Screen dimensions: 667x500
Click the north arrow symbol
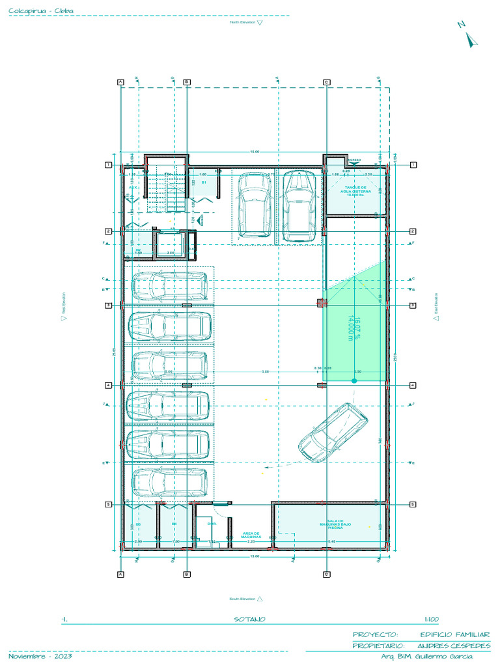(471, 38)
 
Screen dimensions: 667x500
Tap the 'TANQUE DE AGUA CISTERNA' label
(355, 191)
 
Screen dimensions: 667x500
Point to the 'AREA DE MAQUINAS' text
(251, 535)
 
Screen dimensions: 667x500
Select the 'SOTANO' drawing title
(249, 619)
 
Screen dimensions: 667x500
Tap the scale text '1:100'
(431, 619)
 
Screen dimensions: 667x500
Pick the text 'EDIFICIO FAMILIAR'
(454, 634)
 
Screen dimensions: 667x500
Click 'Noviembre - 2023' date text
(40, 656)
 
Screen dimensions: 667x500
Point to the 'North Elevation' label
(242, 22)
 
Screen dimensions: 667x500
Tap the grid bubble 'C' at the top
(326, 81)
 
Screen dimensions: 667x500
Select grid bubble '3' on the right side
(413, 305)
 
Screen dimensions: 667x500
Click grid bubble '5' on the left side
(109, 504)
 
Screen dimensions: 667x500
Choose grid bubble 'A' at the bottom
(120, 574)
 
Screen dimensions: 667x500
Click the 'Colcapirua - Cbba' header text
(40, 10)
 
